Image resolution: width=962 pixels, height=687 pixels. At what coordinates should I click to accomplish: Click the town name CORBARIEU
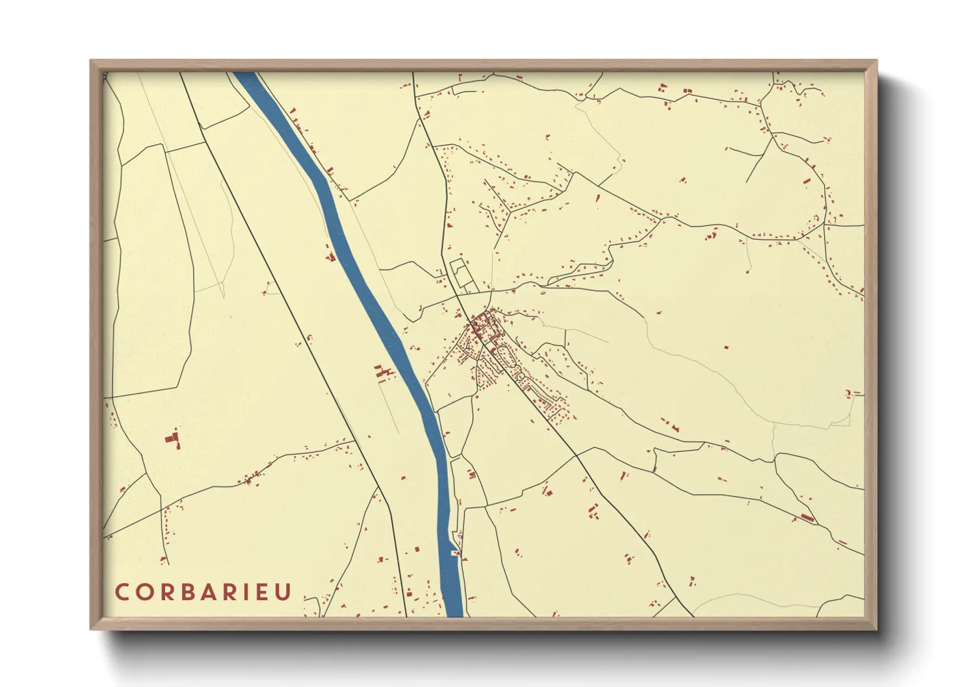203,592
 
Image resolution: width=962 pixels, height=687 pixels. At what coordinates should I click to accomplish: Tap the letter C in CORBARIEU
122,592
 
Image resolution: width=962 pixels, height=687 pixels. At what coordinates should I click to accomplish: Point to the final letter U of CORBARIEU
285,592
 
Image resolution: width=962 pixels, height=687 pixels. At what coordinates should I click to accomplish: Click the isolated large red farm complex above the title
173,439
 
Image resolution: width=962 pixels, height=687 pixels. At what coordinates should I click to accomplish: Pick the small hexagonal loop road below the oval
520,375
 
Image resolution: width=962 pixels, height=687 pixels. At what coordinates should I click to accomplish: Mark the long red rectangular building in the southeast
807,517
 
